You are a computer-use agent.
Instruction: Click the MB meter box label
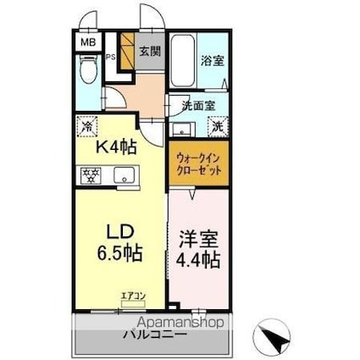[88, 41]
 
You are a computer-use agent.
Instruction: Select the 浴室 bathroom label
[212, 62]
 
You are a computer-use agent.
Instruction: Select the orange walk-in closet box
[200, 163]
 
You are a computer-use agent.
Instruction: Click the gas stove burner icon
[91, 175]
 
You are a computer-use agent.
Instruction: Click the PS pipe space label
[111, 57]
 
